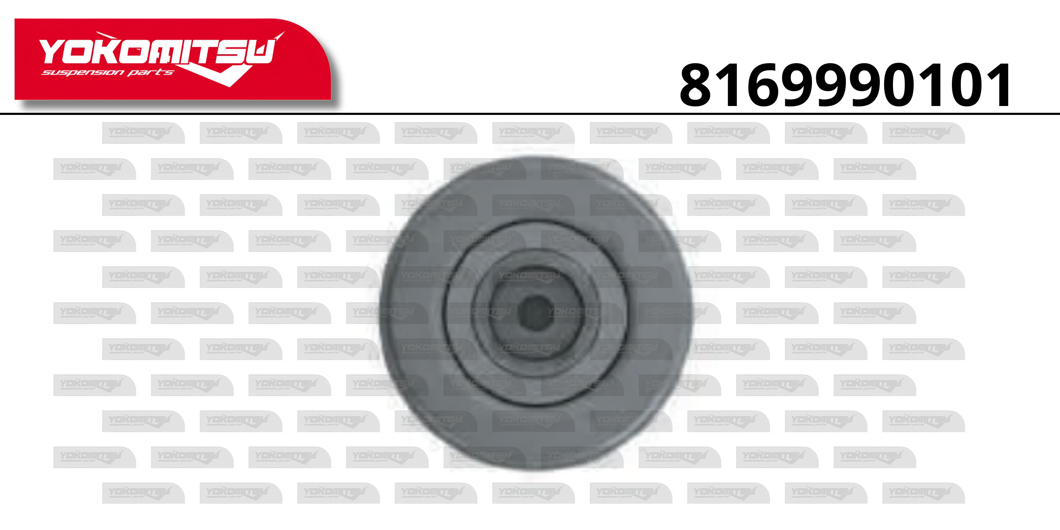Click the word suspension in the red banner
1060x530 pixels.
point(83,73)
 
